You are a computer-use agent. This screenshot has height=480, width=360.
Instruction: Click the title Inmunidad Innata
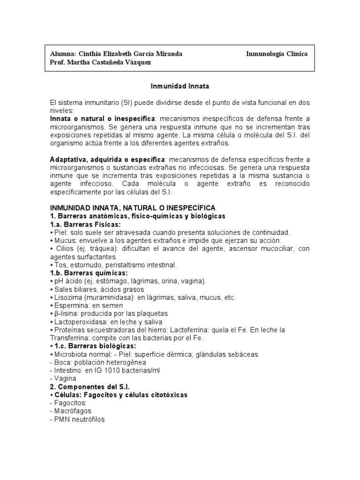[x=180, y=86]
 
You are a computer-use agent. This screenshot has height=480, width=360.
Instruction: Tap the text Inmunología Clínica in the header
[x=277, y=54]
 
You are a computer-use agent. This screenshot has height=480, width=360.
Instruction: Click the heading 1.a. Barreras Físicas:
[x=85, y=225]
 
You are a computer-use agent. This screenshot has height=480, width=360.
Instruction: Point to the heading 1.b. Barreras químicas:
[x=89, y=273]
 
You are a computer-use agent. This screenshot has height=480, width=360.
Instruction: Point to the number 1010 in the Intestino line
[x=104, y=370]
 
